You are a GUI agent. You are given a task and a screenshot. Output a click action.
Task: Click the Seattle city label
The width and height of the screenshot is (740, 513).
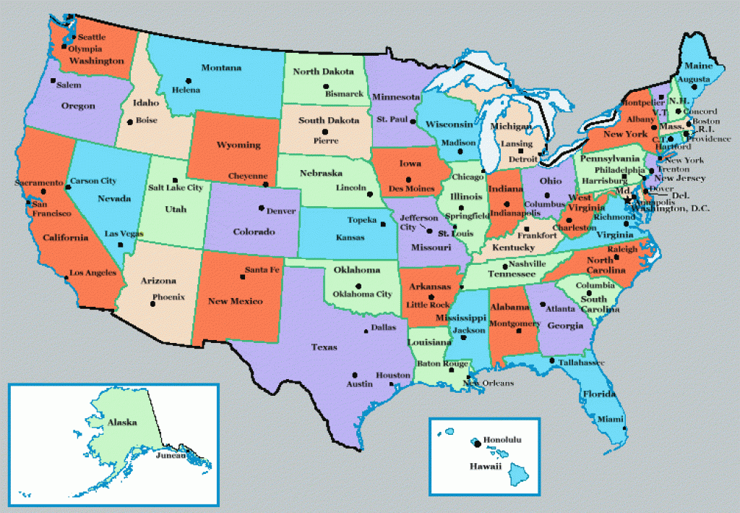(x=92, y=36)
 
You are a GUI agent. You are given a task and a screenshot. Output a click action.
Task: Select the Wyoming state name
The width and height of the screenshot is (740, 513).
(x=238, y=145)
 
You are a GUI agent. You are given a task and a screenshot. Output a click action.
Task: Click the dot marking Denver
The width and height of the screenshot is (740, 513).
(x=261, y=208)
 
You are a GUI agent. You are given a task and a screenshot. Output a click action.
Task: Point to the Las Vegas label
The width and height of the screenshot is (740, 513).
(x=124, y=234)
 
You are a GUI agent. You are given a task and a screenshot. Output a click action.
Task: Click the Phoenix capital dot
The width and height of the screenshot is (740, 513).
(x=152, y=304)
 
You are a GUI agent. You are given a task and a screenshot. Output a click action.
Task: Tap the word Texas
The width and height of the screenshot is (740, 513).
(x=324, y=347)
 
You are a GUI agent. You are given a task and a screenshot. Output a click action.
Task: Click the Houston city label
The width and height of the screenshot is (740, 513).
(x=393, y=376)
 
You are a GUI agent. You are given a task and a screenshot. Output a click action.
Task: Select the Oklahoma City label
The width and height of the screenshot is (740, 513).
(x=363, y=294)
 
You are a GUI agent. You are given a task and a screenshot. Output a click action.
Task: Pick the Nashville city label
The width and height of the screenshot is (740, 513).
(x=527, y=264)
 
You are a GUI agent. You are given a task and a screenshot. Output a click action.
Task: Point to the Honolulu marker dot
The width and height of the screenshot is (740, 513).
(x=477, y=442)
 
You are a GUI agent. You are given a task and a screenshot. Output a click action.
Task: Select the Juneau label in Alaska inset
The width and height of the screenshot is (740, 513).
(x=171, y=455)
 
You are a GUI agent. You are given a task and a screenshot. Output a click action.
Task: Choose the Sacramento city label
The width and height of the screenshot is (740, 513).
(x=39, y=183)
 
